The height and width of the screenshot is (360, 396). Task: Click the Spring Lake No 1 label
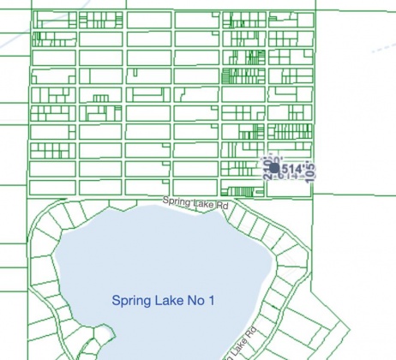pyautogui.click(x=163, y=301)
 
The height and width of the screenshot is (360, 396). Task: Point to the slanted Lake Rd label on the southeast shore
pyautogui.click(x=240, y=342)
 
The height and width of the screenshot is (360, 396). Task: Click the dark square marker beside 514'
pyautogui.click(x=275, y=169)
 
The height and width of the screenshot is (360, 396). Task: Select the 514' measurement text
pyautogui.click(x=292, y=170)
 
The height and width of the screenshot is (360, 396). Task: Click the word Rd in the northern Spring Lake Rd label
pyautogui.click(x=222, y=207)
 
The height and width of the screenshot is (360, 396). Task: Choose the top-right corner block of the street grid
pyautogui.click(x=290, y=19)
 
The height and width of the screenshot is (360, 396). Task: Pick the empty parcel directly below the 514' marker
pyautogui.click(x=290, y=188)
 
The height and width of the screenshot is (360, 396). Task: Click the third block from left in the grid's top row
pyautogui.click(x=148, y=19)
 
